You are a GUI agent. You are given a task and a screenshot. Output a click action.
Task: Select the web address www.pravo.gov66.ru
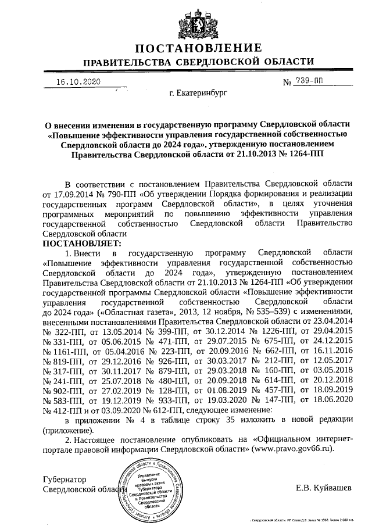coord(294,449)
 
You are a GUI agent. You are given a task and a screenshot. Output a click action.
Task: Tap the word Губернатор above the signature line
coord(65,480)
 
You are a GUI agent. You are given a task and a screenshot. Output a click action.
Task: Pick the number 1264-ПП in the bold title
coord(304,155)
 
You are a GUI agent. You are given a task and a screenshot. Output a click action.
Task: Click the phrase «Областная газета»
coord(130,311)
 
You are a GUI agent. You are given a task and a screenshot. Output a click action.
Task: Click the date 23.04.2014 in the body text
coord(331,321)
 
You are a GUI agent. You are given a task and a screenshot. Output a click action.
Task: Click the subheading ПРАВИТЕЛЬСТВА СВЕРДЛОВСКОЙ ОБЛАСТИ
coord(198,62)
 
